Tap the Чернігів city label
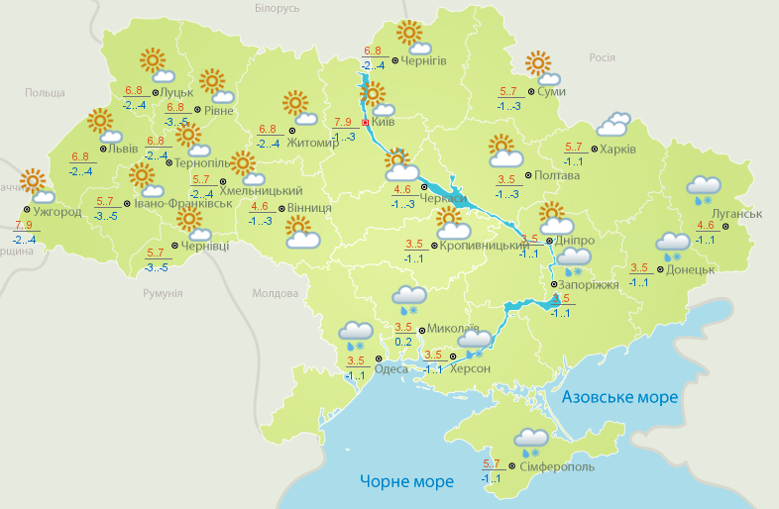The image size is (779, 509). click(425, 61)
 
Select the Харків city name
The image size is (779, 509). click(616, 151)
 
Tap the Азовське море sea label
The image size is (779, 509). click(619, 397)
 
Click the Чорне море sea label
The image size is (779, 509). click(406, 482)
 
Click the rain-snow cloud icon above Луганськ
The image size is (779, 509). click(704, 188)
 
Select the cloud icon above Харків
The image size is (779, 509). click(613, 124)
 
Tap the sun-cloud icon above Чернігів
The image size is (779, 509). click(413, 38)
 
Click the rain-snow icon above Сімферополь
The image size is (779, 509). click(532, 441)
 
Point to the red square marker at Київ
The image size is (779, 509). click(366, 123)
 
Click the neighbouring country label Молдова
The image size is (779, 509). click(275, 294)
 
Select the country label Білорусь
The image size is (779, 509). click(277, 8)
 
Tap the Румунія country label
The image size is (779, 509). click(163, 294)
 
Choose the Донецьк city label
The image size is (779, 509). click(690, 268)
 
